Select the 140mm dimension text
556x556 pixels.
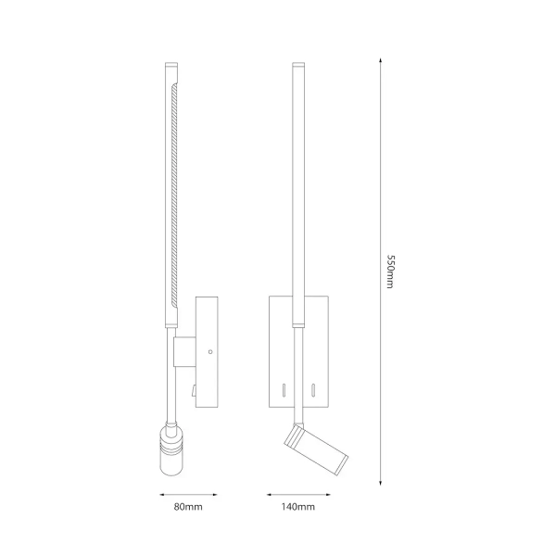(297, 508)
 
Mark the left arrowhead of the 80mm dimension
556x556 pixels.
(159, 494)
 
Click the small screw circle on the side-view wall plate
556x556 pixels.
(209, 352)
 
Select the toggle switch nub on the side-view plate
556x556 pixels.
(194, 391)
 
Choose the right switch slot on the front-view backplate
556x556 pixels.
(314, 387)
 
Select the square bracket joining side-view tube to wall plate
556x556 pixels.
(183, 351)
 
